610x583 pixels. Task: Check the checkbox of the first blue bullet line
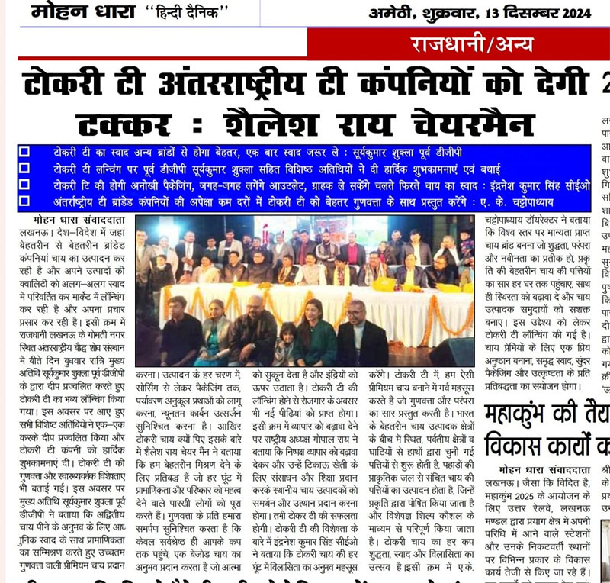point(23,151)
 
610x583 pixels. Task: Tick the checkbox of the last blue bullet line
point(23,201)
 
